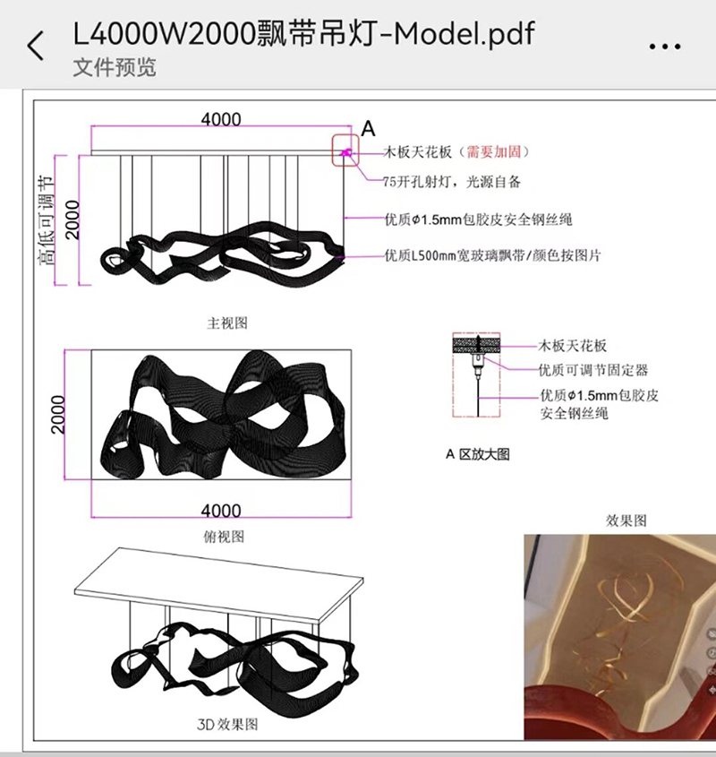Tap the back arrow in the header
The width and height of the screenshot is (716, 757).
[35, 46]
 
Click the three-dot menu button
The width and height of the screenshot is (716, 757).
[664, 47]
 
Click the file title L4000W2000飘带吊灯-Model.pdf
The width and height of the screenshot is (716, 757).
[303, 34]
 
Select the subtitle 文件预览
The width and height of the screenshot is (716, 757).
[115, 67]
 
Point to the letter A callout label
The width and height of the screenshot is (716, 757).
[368, 129]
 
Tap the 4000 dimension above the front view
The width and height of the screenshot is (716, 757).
[221, 119]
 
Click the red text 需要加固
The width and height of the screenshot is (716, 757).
[493, 152]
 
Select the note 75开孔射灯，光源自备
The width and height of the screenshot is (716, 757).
[452, 182]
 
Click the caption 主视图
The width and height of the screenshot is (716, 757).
[227, 323]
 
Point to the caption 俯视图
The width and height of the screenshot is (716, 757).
[224, 537]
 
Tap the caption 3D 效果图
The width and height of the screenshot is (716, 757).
[227, 724]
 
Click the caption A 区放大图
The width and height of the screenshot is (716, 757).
[478, 454]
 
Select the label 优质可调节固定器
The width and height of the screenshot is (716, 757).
[593, 370]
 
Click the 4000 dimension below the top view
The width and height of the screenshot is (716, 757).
[221, 511]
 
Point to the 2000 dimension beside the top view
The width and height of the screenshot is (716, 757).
[58, 414]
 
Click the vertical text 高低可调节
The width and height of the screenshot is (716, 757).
[47, 219]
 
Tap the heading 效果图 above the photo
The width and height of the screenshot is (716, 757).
[626, 520]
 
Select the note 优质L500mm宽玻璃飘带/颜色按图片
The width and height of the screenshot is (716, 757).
[492, 255]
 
